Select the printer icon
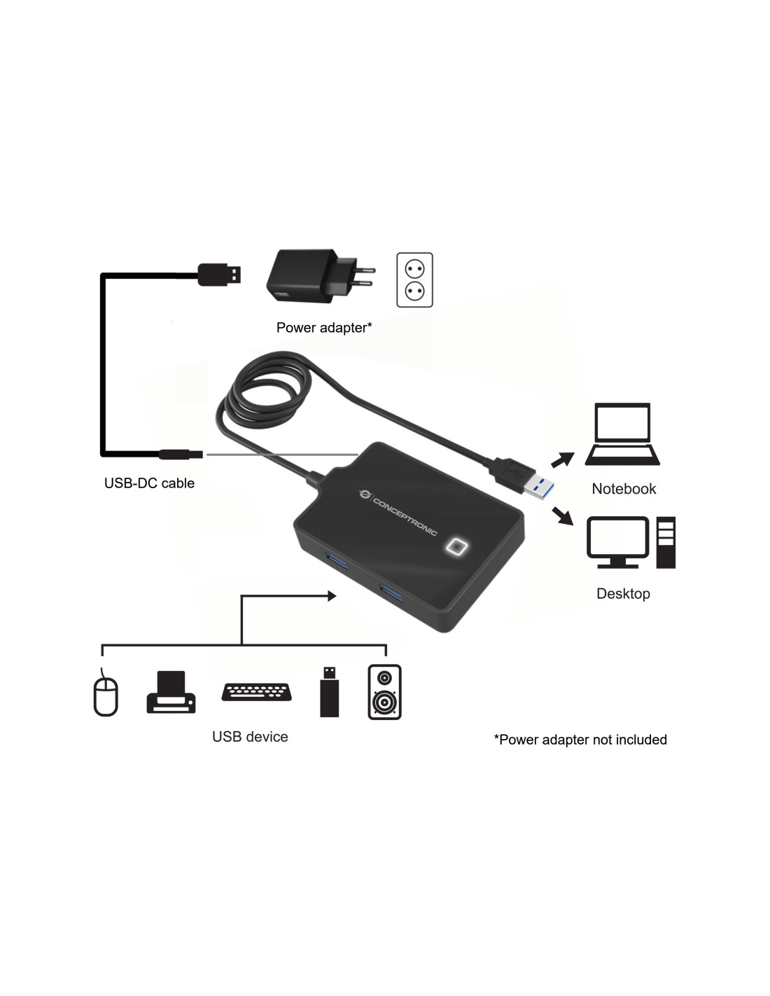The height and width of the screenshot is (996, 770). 171,692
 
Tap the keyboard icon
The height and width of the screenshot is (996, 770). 256,692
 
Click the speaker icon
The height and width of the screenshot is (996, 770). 385,692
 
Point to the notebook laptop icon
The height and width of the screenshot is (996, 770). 622,434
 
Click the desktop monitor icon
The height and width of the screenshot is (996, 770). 617,542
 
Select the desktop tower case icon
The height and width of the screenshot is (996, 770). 666,542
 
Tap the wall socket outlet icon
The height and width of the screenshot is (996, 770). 414,279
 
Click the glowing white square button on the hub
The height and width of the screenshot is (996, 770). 456,547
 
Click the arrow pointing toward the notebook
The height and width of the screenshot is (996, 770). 563,459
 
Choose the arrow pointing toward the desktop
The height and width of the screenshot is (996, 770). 563,516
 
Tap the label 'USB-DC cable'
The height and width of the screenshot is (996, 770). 149,483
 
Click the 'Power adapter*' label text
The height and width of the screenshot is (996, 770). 324,327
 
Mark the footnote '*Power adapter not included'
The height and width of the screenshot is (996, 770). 580,740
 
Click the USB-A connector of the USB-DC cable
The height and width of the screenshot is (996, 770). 219,275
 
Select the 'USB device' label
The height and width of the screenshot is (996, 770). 250,737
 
